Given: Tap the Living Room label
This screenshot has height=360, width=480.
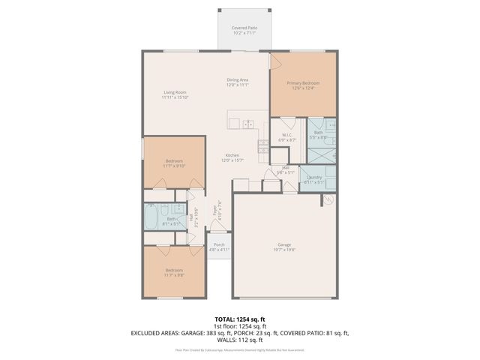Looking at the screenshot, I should (x=174, y=94).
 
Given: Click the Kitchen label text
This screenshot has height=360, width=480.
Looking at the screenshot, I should (x=230, y=157).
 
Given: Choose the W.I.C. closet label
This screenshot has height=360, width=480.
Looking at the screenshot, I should (x=288, y=137).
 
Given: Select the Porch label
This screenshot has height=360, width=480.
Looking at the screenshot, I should (x=219, y=247).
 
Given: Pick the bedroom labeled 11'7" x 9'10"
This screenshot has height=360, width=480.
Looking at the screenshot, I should (x=174, y=163).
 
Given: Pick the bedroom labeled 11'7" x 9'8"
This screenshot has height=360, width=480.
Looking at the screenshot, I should (x=174, y=272).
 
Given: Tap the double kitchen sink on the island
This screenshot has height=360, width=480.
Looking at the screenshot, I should (x=247, y=124).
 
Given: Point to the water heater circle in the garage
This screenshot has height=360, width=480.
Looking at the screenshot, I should (x=328, y=199).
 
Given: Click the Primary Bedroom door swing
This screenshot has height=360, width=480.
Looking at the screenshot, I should (x=277, y=62).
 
